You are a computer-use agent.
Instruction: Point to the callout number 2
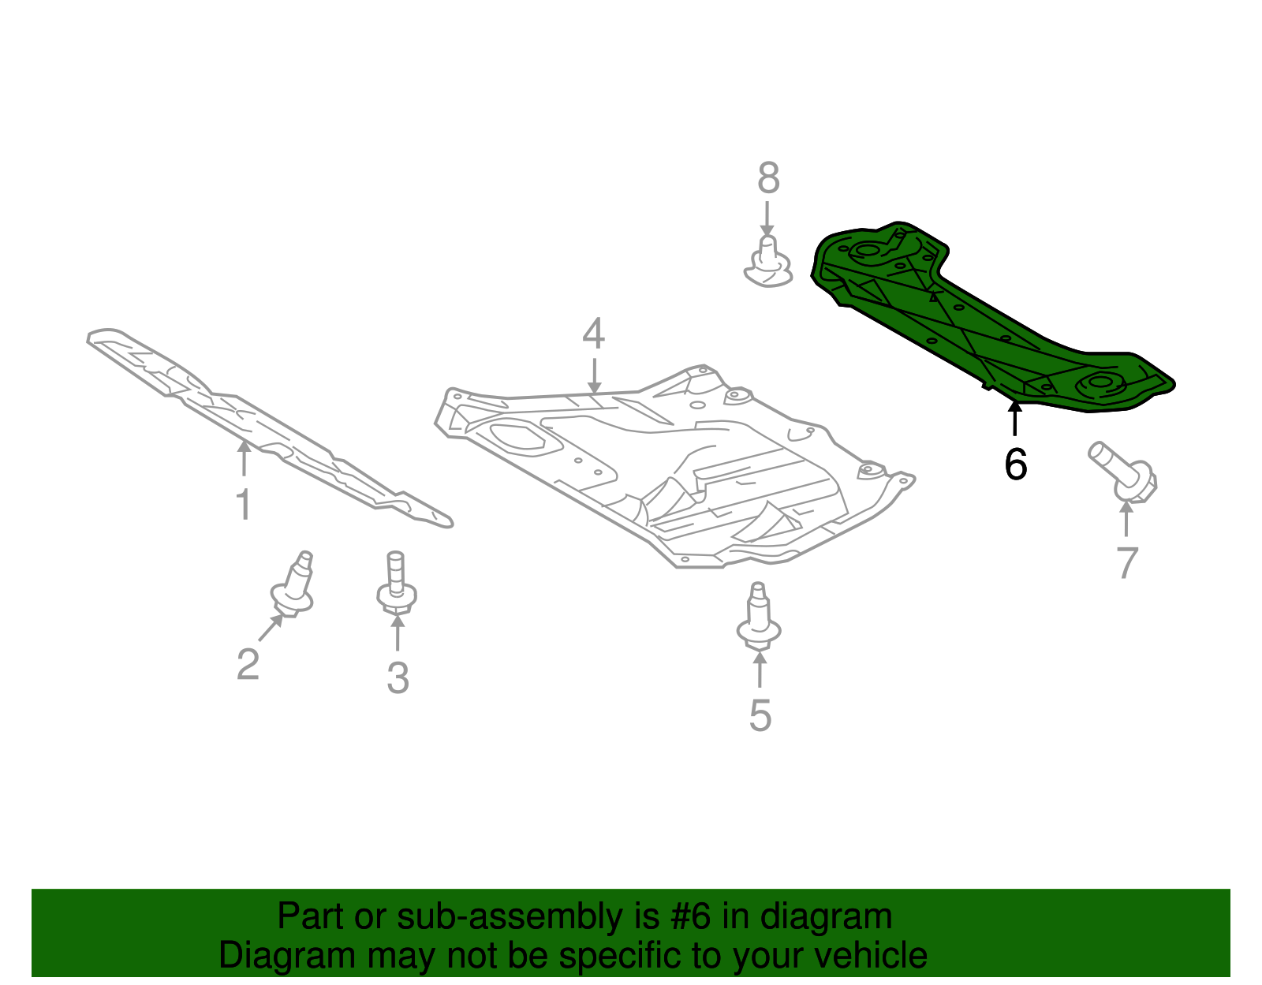click(248, 664)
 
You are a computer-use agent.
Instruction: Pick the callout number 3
click(398, 677)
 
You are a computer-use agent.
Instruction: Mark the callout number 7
click(1127, 562)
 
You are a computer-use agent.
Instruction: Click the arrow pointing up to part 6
click(1014, 418)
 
